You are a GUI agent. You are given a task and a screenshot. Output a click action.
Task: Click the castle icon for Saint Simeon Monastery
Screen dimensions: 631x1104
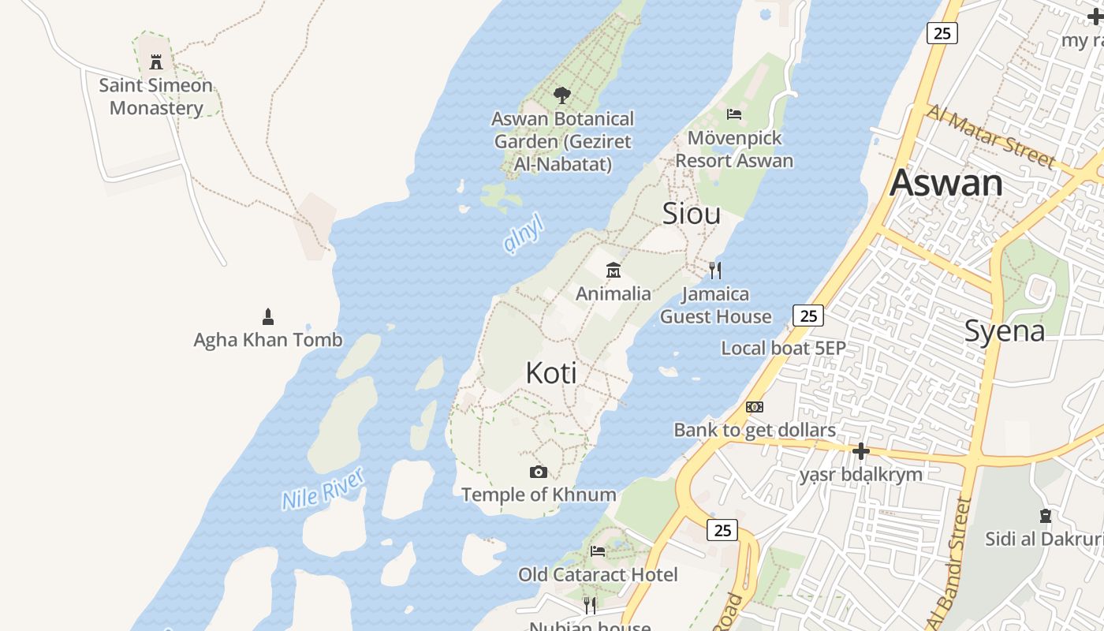156,62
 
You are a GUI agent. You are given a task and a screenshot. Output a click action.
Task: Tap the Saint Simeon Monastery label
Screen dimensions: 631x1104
156,96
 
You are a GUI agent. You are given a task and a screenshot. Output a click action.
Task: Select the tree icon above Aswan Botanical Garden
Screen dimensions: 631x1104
561,95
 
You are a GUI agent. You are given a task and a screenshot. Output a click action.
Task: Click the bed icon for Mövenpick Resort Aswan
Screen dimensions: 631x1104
734,114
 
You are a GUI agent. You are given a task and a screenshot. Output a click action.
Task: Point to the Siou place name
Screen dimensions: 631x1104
692,214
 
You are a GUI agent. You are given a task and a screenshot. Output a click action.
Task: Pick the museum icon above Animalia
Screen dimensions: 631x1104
613,271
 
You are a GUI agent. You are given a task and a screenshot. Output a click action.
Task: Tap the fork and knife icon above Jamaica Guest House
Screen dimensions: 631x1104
715,271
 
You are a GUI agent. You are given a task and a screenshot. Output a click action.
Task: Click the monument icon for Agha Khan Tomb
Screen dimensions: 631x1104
267,317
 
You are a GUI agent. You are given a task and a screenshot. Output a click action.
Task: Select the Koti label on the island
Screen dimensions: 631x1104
551,373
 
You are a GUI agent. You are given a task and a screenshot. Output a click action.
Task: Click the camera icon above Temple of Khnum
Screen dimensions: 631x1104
539,472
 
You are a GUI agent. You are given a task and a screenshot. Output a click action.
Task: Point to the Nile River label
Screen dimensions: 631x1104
323,488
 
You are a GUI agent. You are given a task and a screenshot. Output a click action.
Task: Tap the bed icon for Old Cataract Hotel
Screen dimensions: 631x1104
598,551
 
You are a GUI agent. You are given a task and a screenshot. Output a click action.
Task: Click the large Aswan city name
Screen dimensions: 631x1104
946,183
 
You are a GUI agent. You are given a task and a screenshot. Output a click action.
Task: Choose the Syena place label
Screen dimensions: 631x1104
1005,331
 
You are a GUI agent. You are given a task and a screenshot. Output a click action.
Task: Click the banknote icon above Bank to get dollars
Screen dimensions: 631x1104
755,407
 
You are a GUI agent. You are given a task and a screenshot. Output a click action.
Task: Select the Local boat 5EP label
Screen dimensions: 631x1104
783,348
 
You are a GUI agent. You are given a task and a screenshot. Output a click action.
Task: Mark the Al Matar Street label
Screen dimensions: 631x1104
990,136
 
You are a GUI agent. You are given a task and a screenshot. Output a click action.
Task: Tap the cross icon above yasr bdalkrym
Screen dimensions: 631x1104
861,451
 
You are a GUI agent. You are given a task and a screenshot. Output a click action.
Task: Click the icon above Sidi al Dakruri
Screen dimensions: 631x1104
1046,516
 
